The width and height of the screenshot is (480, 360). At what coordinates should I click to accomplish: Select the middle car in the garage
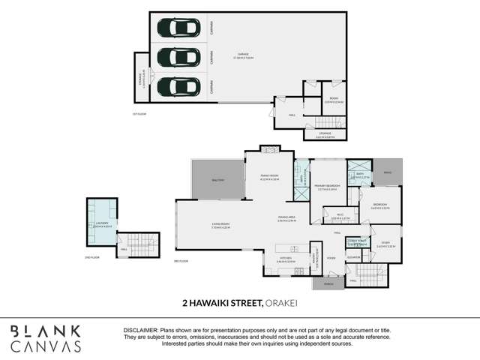click(178, 57)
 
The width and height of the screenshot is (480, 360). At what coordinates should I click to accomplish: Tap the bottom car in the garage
click(178, 86)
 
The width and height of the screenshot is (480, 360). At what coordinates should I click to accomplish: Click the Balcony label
click(217, 180)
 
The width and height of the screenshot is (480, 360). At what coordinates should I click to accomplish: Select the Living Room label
click(219, 225)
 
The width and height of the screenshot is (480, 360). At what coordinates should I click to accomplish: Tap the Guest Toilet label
click(357, 243)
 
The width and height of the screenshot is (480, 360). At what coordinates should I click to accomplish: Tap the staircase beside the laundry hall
click(148, 245)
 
